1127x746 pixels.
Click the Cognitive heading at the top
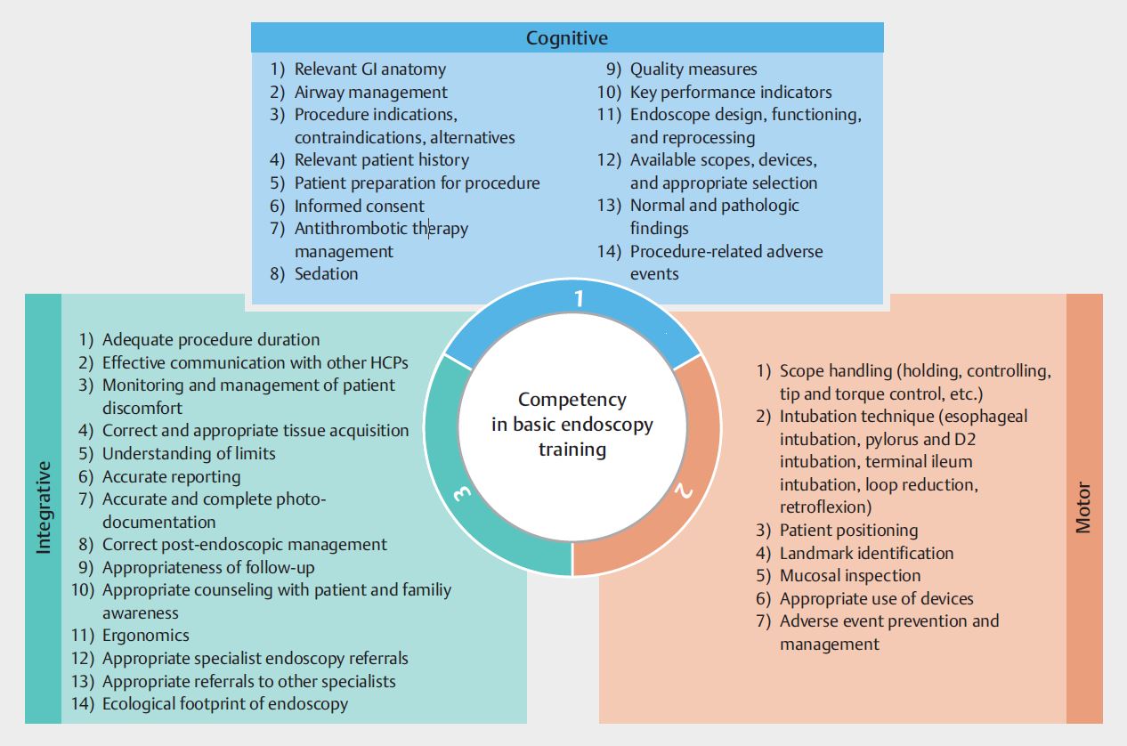[x=566, y=37]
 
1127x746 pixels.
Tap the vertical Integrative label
[x=44, y=507]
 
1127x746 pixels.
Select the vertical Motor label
[x=1083, y=507]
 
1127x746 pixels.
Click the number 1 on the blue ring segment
[x=579, y=298]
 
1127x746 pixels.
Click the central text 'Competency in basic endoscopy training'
[x=572, y=425]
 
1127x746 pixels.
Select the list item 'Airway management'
[x=370, y=92]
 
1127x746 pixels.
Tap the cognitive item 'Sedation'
[x=326, y=274]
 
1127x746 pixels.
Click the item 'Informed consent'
[x=359, y=206]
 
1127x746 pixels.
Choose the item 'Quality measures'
[x=693, y=69]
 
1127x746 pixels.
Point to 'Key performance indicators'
[x=731, y=92]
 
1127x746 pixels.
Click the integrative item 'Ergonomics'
[x=145, y=636]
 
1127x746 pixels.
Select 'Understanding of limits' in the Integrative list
[x=189, y=453]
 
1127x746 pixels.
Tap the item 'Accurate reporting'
[x=171, y=476]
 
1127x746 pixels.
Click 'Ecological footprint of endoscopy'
[x=224, y=704]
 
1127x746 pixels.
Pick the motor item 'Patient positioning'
[x=848, y=530]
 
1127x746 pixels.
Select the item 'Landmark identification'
[x=866, y=553]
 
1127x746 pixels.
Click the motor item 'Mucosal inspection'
[x=850, y=576]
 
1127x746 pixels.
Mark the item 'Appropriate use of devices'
[x=876, y=599]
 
